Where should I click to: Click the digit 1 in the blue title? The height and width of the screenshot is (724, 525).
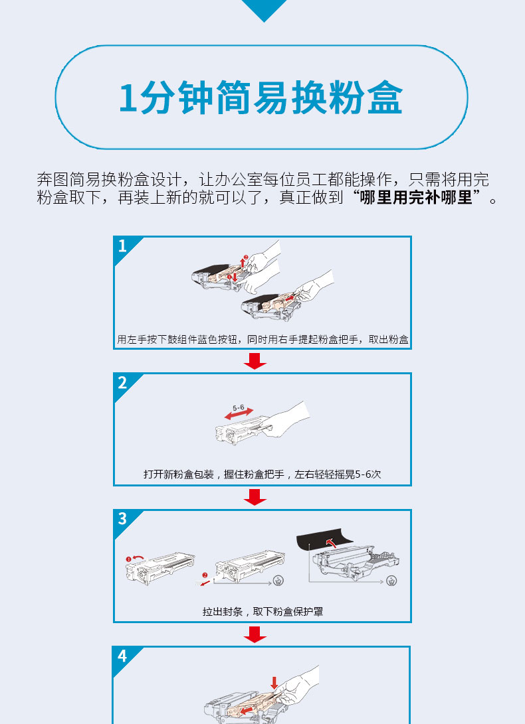(x=128, y=98)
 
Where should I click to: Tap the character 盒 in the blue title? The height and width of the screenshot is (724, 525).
(x=385, y=98)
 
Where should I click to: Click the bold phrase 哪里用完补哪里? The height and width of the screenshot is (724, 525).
(x=416, y=197)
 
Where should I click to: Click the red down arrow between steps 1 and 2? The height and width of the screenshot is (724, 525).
(x=255, y=361)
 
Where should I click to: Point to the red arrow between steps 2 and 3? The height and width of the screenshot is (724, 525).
(x=255, y=497)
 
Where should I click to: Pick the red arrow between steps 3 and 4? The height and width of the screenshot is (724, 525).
(x=255, y=634)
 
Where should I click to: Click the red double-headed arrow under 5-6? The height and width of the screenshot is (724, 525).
(x=239, y=413)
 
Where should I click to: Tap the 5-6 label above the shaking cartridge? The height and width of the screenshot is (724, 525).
(x=238, y=407)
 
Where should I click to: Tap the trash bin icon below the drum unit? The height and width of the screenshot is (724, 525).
(x=391, y=581)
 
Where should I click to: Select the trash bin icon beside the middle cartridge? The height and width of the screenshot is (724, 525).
(x=278, y=581)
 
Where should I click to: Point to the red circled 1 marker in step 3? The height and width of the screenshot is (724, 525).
(x=128, y=559)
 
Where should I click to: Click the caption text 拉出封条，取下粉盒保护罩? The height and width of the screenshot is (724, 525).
(x=262, y=612)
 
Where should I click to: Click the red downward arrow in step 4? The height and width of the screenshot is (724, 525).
(x=274, y=684)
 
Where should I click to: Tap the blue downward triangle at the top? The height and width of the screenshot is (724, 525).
(x=264, y=9)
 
